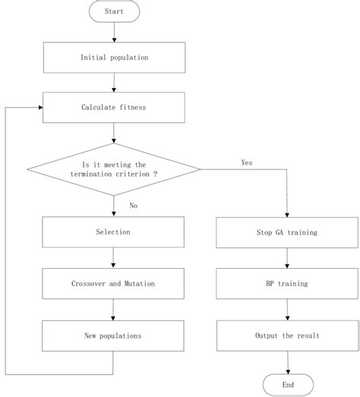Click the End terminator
pos(288,384)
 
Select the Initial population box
pos(114,58)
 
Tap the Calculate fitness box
pos(114,107)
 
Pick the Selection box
pos(114,232)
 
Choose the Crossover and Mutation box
pos(114,283)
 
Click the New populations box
pos(114,334)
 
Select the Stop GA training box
pos(288,232)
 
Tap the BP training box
pos(288,283)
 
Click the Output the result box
pos(288,334)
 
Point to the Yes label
pos(247,162)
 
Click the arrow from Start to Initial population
pos(113,31)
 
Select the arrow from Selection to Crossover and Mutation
pos(114,258)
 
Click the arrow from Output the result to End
pos(288,361)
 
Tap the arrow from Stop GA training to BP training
pos(288,258)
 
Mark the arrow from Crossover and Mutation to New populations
pos(114,309)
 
